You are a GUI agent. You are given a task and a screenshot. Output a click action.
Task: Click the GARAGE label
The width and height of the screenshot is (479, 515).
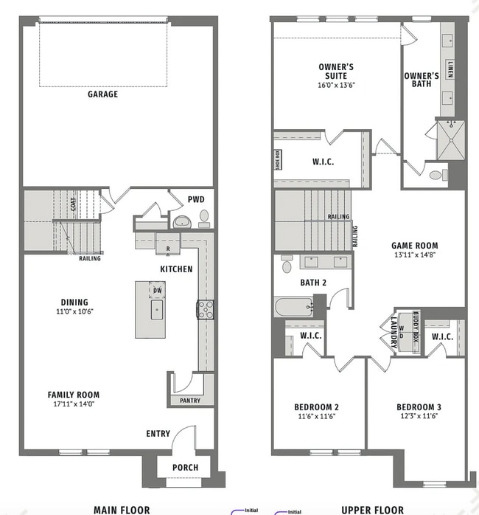point(102,94)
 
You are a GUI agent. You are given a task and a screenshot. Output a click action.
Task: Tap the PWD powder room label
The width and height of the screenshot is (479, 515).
point(196,198)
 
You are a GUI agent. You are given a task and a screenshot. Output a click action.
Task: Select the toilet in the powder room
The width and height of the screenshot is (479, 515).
point(203,218)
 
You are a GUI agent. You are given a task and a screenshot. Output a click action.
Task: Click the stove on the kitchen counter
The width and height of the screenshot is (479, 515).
point(204,309)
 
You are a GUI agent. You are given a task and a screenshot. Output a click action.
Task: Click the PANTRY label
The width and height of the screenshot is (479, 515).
point(184,401)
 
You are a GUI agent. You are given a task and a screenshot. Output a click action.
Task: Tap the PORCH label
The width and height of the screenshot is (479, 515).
point(185,467)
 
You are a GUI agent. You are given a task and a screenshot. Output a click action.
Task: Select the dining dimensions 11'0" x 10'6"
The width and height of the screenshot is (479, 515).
point(74,311)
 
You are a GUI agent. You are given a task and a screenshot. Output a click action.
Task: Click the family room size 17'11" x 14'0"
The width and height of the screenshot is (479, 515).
point(73,404)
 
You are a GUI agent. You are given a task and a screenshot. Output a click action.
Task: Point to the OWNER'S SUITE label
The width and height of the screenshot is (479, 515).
point(336,72)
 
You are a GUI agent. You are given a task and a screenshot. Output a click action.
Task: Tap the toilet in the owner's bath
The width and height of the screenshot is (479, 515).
point(436,176)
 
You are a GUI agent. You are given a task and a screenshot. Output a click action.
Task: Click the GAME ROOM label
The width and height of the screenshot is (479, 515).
point(414,246)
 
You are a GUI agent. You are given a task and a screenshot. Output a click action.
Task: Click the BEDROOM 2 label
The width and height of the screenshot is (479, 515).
point(316,407)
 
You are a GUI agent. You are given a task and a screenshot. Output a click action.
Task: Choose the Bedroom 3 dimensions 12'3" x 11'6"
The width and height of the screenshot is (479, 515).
point(418,417)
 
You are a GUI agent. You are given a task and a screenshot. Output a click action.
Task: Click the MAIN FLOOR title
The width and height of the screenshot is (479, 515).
point(122,509)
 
